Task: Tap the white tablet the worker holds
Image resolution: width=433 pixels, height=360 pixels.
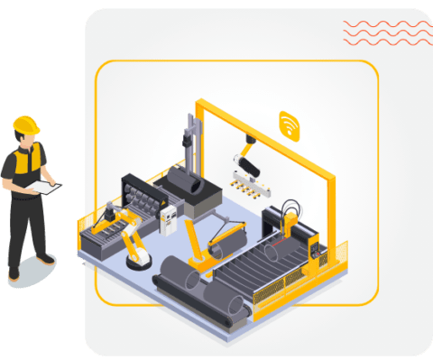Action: pos(42,187)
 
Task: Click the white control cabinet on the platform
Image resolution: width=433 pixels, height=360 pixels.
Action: pos(169,218)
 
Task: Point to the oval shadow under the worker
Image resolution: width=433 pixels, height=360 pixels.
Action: pos(32,268)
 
